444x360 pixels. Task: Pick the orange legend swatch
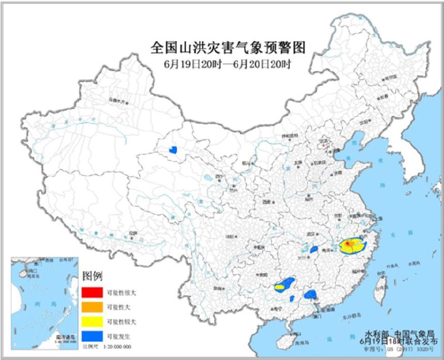(x=93, y=306)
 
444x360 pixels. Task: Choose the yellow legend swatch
(x=93, y=320)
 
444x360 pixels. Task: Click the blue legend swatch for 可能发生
(x=93, y=334)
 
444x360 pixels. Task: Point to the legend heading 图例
(x=91, y=276)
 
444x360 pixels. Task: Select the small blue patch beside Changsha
(x=314, y=250)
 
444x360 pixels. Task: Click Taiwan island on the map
(x=382, y=285)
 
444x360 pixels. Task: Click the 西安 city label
(x=267, y=202)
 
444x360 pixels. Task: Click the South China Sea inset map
(x=44, y=302)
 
